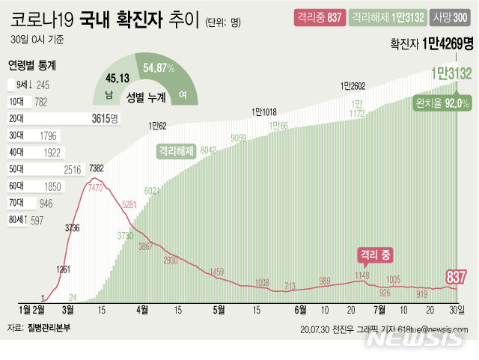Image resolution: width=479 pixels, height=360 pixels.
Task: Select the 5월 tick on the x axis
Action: point(219,309)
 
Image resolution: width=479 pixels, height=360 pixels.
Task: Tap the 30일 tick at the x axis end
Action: point(457,309)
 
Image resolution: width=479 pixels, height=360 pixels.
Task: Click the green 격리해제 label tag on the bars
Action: point(176,150)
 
